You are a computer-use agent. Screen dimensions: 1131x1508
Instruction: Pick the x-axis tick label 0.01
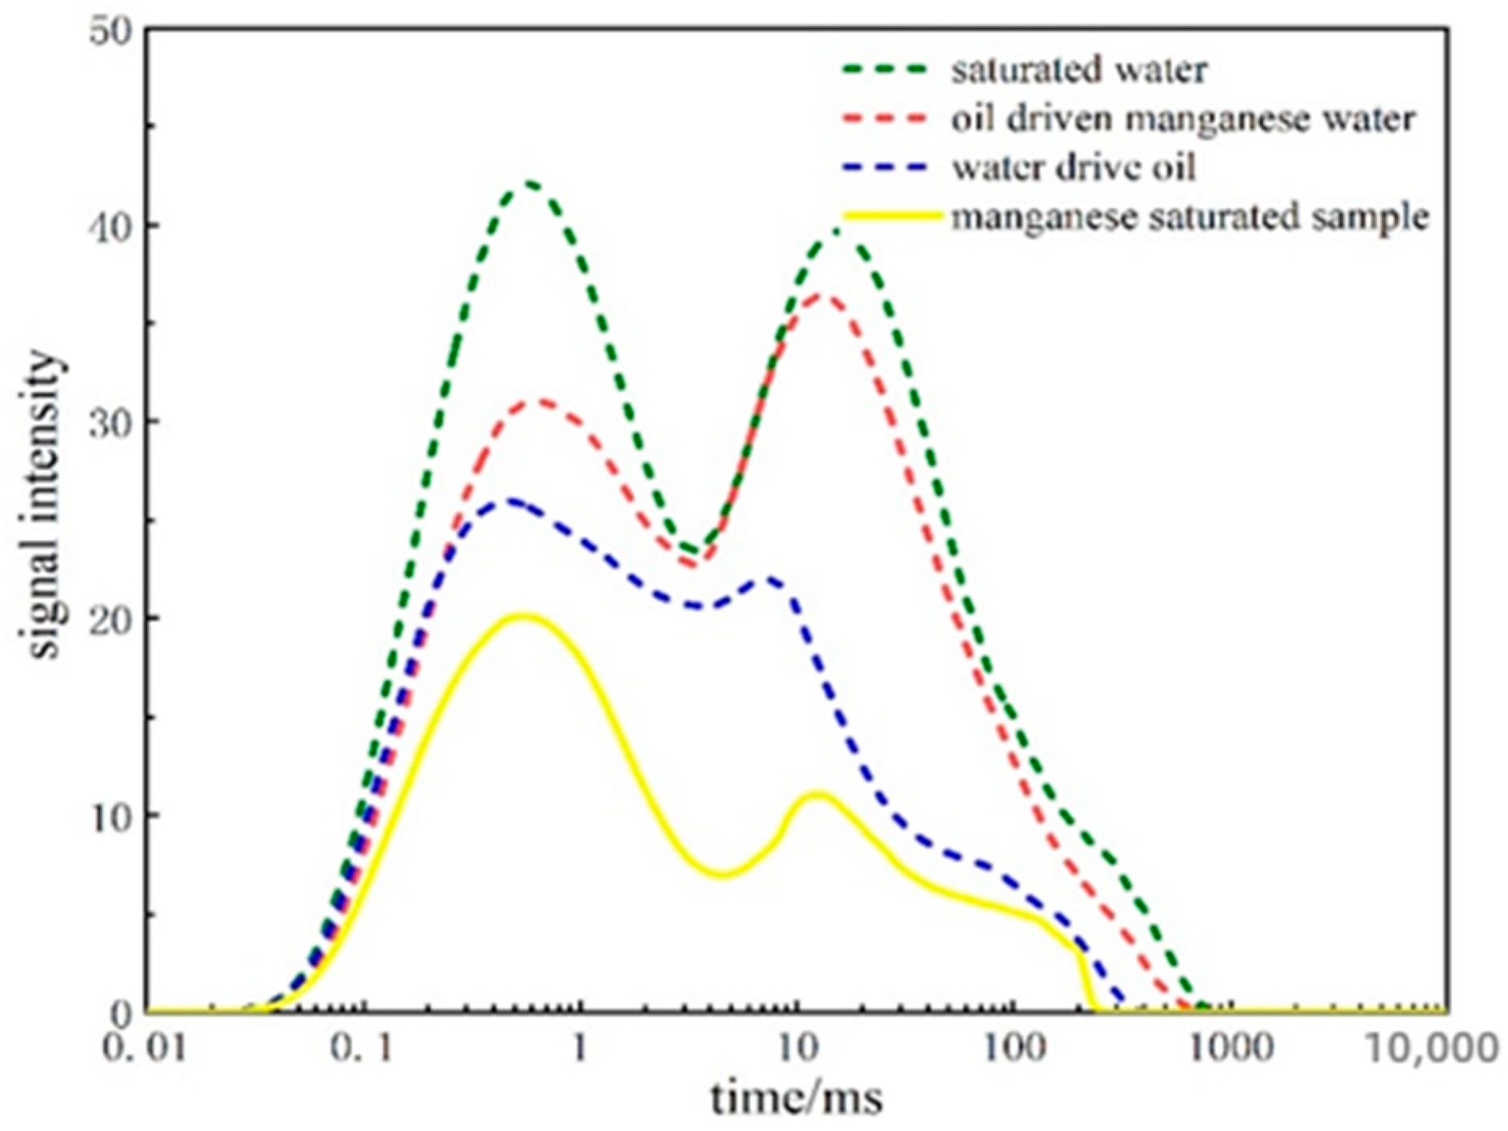coord(144,1048)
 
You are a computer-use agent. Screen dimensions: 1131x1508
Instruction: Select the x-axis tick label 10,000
coord(1431,1048)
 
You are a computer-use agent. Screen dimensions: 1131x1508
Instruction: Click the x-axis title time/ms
coord(796,1098)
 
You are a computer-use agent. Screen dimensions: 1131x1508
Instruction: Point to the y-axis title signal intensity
coord(45,504)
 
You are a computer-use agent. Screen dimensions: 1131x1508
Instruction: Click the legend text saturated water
coord(1079,70)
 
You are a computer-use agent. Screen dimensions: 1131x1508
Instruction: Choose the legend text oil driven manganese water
coord(1184,119)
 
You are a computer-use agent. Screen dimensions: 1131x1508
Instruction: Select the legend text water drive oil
coord(1073,167)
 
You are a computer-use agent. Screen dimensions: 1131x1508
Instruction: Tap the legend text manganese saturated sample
coord(1190,217)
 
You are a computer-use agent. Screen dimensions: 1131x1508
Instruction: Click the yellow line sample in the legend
coord(893,216)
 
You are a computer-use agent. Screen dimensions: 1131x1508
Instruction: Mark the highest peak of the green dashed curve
coord(530,183)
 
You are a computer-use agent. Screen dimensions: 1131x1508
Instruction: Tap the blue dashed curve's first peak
coord(508,501)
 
